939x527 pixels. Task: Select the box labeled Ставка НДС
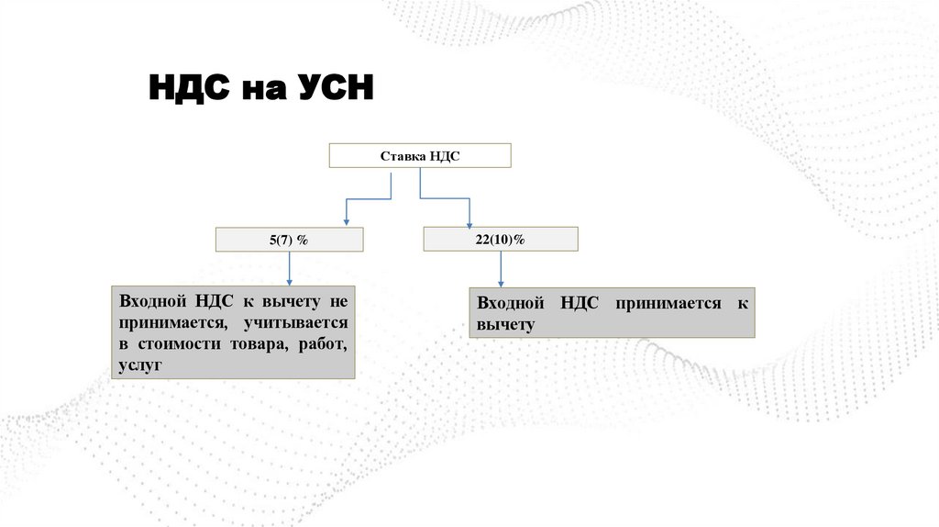[x=419, y=155]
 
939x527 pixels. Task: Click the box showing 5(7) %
[x=289, y=240]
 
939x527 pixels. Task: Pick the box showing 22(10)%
[x=501, y=239]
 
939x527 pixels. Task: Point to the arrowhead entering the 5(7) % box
[x=346, y=221]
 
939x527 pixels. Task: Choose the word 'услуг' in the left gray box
[x=139, y=365]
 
